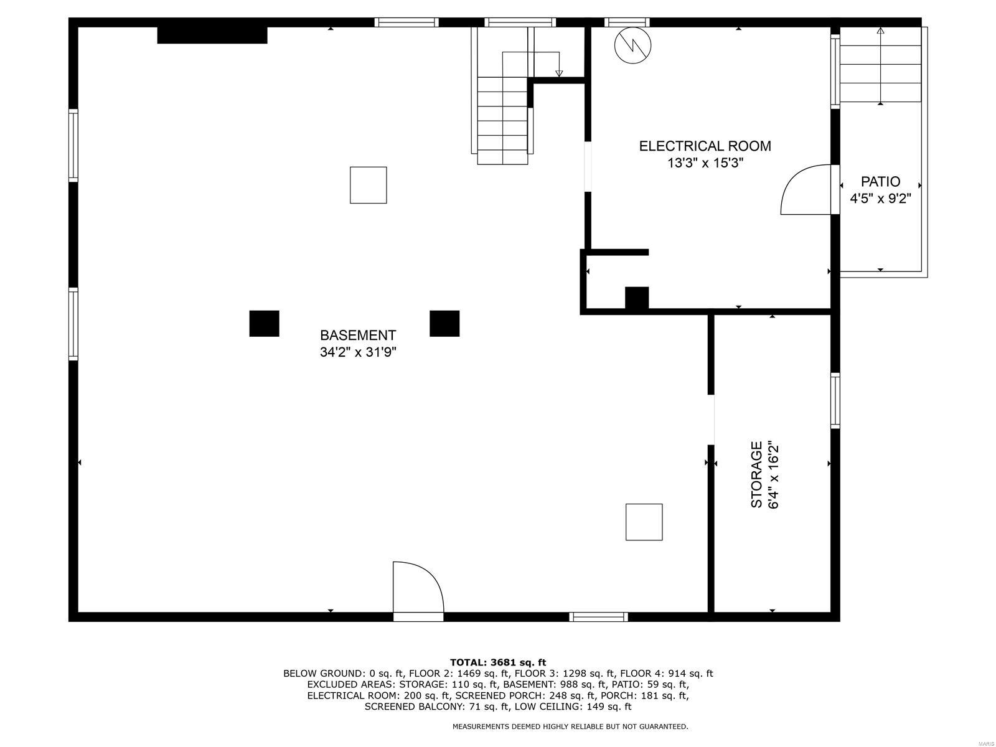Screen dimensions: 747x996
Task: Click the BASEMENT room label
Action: (x=358, y=336)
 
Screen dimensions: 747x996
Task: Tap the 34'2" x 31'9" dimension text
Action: (x=358, y=352)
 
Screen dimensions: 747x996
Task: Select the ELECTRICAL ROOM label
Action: (x=705, y=146)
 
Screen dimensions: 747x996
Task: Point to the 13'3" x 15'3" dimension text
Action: (x=705, y=163)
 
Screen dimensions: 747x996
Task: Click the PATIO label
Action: (x=880, y=182)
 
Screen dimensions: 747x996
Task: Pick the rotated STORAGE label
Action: (x=757, y=474)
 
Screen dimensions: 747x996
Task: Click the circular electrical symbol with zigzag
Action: (x=632, y=45)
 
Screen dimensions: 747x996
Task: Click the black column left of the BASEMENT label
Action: (x=264, y=323)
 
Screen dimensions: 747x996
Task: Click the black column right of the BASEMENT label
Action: (x=444, y=323)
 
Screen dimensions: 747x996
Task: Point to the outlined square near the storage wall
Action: (x=644, y=522)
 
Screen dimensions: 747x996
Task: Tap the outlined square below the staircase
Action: (x=369, y=185)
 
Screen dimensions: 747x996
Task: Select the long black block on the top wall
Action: (x=212, y=35)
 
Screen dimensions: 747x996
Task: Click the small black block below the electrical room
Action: (x=637, y=298)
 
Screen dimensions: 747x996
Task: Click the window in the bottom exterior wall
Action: (x=598, y=617)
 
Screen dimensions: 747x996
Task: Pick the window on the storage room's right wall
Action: (x=835, y=401)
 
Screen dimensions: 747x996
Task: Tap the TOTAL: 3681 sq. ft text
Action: (x=498, y=662)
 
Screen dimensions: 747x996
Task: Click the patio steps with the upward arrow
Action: (x=880, y=65)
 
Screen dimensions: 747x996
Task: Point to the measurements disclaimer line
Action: (x=570, y=726)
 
